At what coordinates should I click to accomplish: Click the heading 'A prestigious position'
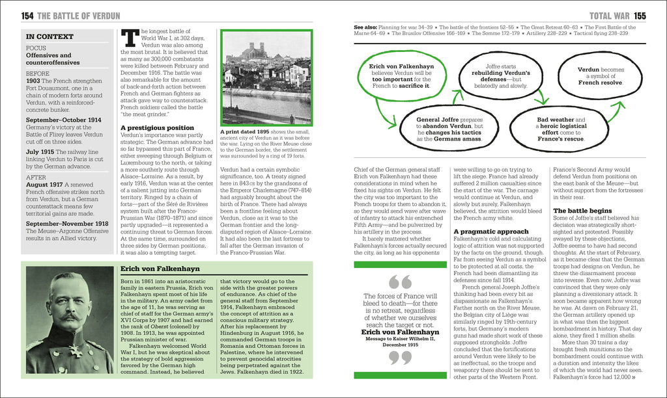(157, 128)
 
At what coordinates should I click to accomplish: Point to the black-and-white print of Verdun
(266, 77)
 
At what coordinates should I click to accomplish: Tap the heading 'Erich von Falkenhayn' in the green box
(160, 269)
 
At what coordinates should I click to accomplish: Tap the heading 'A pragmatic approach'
(491, 232)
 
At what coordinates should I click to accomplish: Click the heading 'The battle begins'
(582, 211)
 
